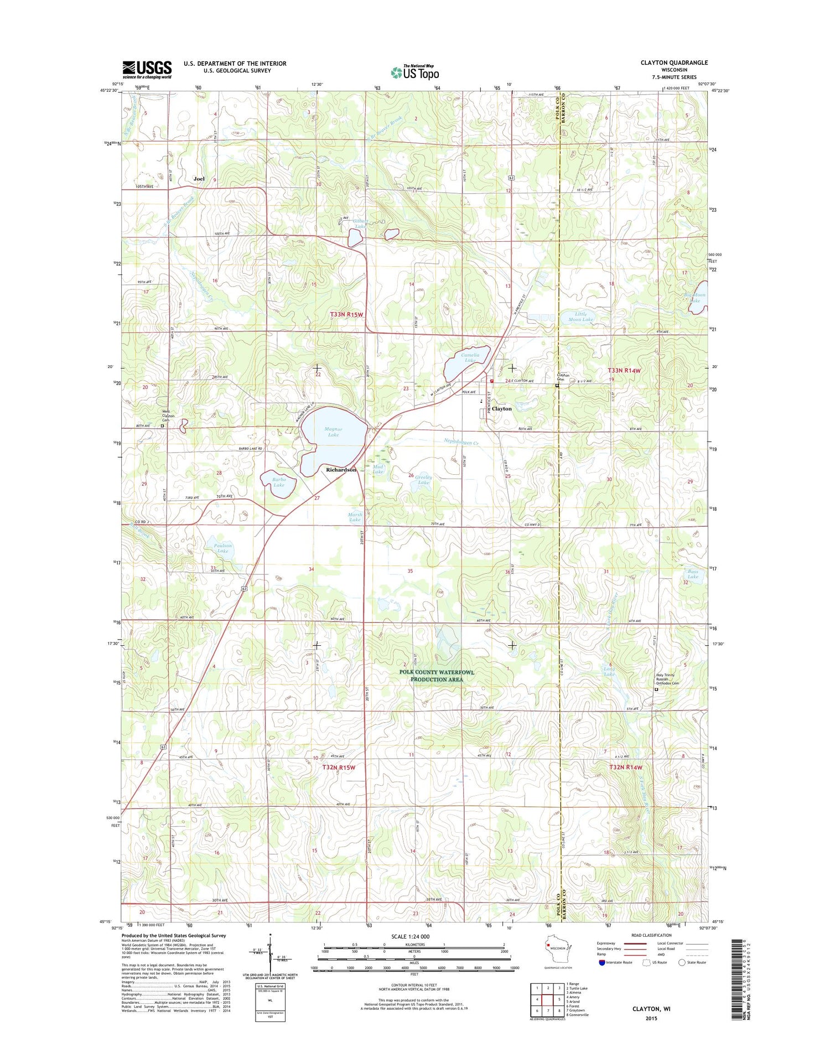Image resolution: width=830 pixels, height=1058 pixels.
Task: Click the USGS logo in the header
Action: point(147,69)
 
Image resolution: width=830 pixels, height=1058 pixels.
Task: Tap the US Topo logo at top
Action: point(415,72)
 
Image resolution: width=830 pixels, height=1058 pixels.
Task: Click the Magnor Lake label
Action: point(333,432)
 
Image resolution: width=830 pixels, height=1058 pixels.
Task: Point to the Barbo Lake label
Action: point(279,481)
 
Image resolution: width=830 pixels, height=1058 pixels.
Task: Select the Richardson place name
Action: point(341,470)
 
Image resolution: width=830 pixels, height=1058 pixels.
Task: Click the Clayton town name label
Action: point(502,408)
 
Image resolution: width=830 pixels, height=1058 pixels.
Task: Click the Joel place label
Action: point(199,179)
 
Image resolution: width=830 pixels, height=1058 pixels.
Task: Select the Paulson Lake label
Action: point(222,548)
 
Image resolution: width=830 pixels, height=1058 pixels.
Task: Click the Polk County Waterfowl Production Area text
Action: point(437,676)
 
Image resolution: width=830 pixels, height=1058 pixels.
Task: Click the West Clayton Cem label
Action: point(168,416)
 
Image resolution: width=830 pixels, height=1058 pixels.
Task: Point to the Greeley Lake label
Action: point(423,480)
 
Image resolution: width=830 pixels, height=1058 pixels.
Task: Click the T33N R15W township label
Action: point(346,314)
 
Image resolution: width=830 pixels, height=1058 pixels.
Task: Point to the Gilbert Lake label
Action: point(360,223)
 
